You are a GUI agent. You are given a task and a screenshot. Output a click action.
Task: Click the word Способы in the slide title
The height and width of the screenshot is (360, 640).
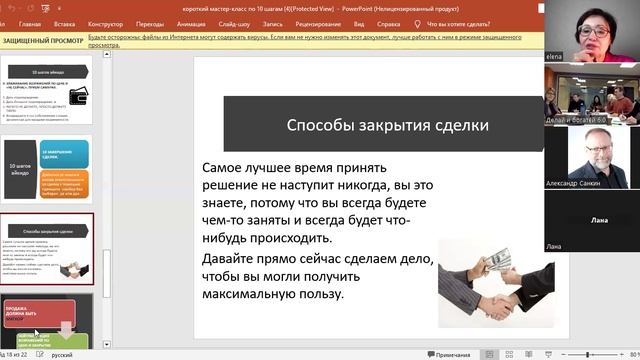pyautogui.click(x=318, y=125)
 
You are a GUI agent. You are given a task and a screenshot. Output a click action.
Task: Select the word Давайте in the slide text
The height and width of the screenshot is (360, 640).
pyautogui.click(x=233, y=258)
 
